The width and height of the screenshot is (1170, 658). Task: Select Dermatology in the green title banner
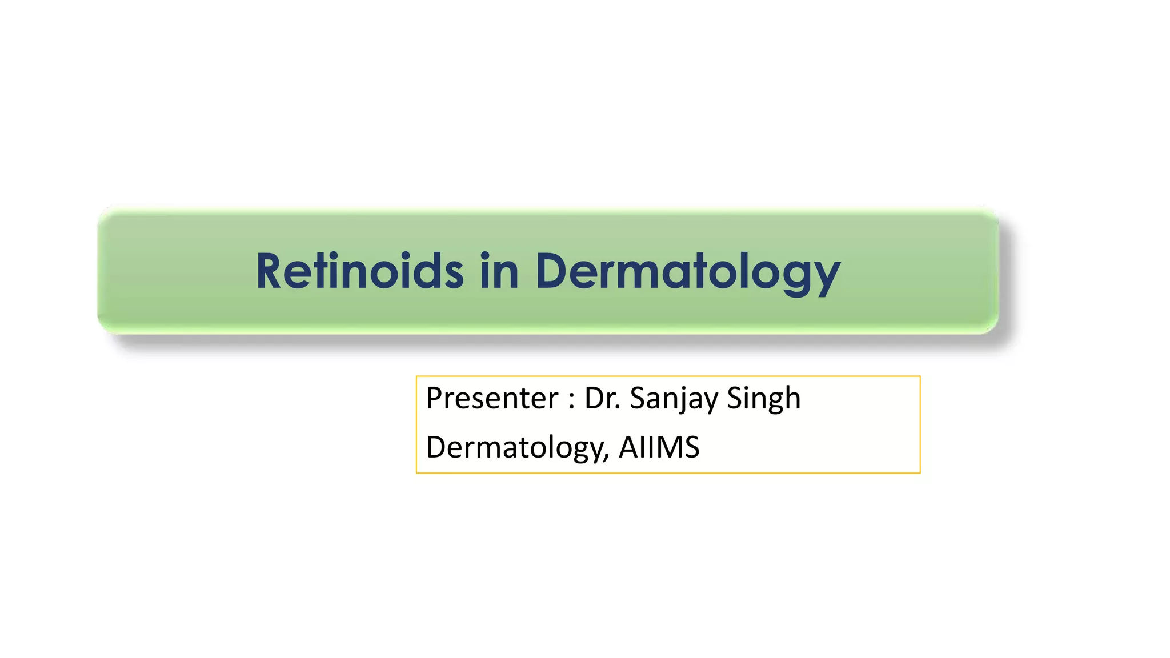tap(687, 272)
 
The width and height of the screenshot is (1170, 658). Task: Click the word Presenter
tap(492, 398)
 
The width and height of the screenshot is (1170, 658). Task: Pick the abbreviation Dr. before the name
tap(603, 398)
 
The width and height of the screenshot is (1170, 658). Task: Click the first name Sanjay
tap(673, 399)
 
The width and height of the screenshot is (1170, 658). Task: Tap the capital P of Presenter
tap(435, 398)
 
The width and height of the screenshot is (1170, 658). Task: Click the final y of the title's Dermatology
tap(826, 278)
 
